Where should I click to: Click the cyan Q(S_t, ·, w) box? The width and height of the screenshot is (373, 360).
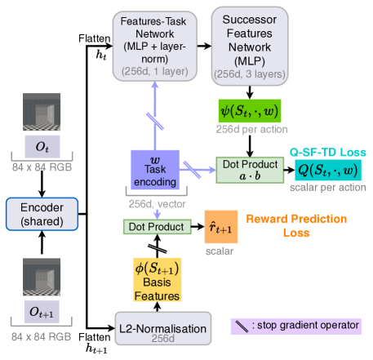[326, 171]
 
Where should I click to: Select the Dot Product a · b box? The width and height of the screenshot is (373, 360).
[250, 170]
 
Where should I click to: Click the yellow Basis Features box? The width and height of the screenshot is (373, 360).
[157, 280]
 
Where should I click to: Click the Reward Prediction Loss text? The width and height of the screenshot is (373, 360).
[296, 225]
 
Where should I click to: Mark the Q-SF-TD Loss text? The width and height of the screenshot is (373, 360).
[326, 153]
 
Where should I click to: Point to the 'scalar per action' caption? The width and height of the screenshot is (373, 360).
[326, 187]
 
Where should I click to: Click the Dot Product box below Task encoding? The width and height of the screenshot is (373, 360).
[153, 225]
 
